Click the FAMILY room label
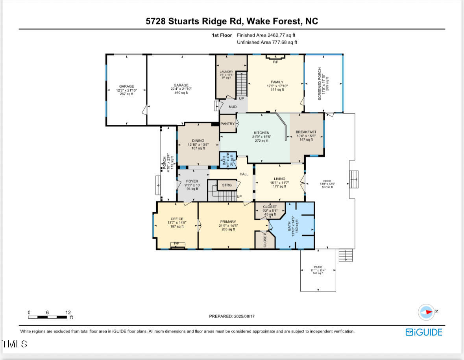click(x=277, y=82)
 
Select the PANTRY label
click(x=227, y=124)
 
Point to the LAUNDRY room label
click(x=226, y=72)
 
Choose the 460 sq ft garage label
click(x=181, y=85)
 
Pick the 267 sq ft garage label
click(x=127, y=87)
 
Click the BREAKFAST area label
click(x=306, y=132)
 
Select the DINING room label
click(x=198, y=140)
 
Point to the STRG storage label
click(x=227, y=185)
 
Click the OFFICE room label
click(x=177, y=219)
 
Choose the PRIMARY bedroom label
click(x=228, y=222)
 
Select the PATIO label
click(x=318, y=267)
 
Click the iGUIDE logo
click(x=424, y=332)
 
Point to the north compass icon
click(x=426, y=312)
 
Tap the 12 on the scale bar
click(x=68, y=312)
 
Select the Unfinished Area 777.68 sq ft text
click(x=267, y=42)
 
